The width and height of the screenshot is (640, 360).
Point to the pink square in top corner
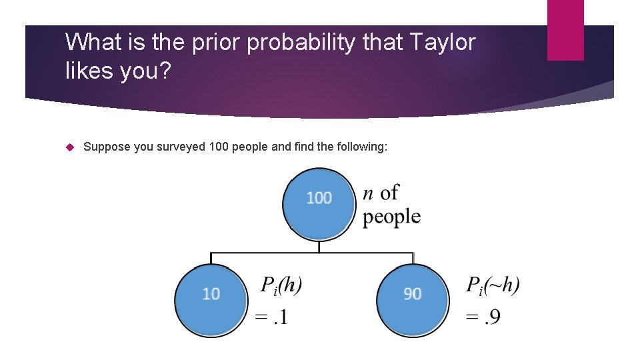pyautogui.click(x=565, y=30)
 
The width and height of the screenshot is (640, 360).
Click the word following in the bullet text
pyautogui.click(x=358, y=147)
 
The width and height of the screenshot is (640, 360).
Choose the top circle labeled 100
pyautogui.click(x=319, y=199)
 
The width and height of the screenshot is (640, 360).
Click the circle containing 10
pyautogui.click(x=211, y=294)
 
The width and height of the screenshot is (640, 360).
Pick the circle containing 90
pyautogui.click(x=412, y=294)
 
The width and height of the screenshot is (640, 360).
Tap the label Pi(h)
pyautogui.click(x=281, y=286)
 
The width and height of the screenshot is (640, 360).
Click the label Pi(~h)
pyautogui.click(x=493, y=286)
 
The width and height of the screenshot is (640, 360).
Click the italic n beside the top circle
pyautogui.click(x=369, y=193)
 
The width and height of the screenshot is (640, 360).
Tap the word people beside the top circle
pyautogui.click(x=391, y=217)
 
